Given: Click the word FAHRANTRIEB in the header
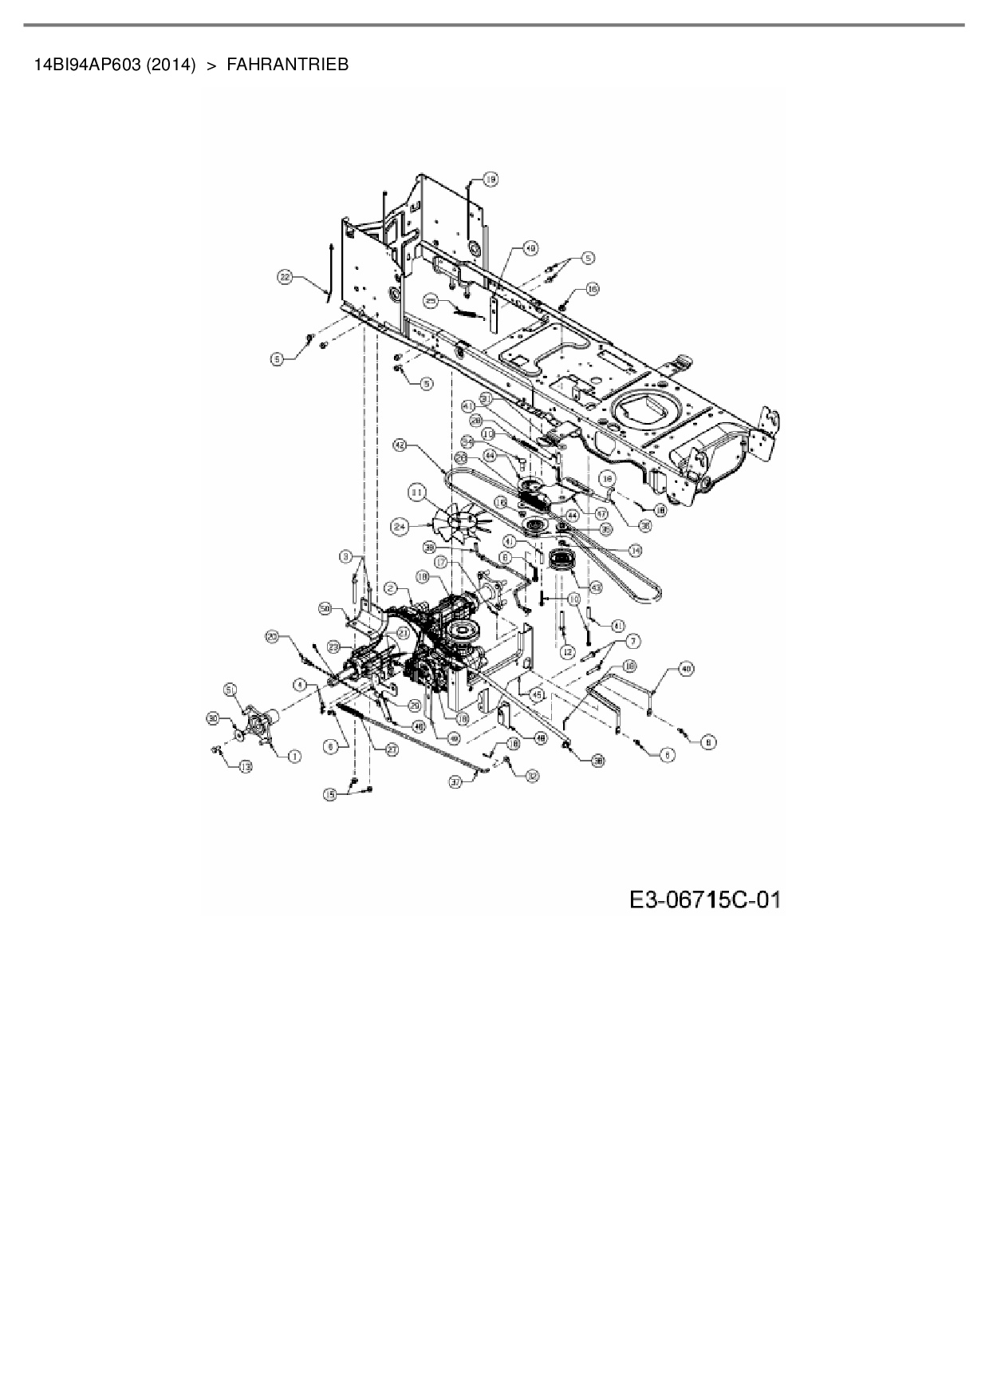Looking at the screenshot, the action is [288, 65].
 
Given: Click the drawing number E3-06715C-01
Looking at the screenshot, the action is [704, 900].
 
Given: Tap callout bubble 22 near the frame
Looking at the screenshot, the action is [285, 277].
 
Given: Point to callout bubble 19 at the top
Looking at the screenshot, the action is [490, 180].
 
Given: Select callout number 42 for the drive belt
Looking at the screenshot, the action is [400, 445].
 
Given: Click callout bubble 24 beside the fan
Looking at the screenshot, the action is [400, 526].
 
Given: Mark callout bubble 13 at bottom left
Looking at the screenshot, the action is [245, 766].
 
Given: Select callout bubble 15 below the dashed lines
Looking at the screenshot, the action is [330, 793].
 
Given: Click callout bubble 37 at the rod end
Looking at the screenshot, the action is [455, 783].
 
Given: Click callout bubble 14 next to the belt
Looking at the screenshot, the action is [636, 550].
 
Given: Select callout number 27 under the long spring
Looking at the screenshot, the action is [392, 750].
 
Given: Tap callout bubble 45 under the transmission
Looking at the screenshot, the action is [537, 694].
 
